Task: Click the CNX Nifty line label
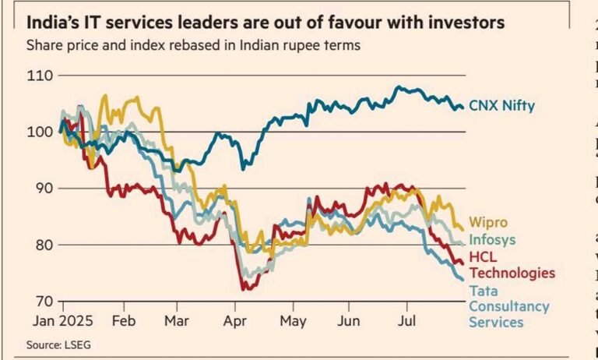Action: click(x=502, y=106)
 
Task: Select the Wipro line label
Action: click(x=487, y=224)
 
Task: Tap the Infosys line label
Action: click(x=491, y=240)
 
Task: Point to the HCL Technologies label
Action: click(x=512, y=265)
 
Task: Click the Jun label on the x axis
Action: click(x=350, y=320)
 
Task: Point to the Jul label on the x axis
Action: click(x=407, y=320)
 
